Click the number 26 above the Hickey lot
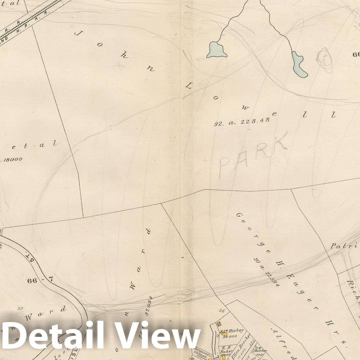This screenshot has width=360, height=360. coord(222,311)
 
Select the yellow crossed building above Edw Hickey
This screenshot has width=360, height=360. coord(219,324)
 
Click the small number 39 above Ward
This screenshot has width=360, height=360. coord(20,309)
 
